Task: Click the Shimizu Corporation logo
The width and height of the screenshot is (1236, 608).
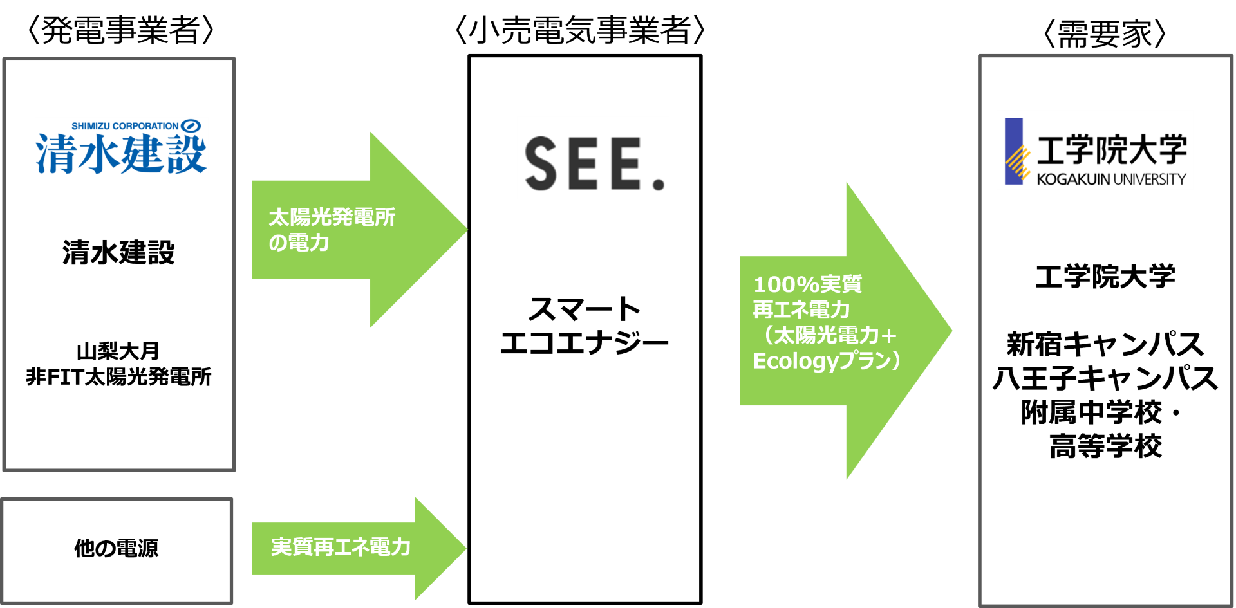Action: (121, 146)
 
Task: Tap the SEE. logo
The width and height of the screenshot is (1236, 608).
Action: (593, 158)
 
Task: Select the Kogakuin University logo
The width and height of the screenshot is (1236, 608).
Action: (1094, 150)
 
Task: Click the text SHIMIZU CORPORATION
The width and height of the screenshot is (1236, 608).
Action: (125, 126)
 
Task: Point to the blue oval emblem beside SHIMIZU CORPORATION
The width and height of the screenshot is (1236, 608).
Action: (191, 125)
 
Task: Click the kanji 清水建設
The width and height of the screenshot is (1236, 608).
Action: (121, 154)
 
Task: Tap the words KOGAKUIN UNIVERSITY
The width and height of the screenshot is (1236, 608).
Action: (1111, 180)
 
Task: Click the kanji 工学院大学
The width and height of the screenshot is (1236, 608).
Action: (1112, 151)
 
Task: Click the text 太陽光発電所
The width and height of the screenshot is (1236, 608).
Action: (332, 217)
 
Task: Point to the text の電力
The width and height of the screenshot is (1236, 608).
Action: (299, 243)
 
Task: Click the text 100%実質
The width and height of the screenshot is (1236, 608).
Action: (807, 284)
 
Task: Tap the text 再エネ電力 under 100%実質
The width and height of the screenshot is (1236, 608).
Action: (801, 310)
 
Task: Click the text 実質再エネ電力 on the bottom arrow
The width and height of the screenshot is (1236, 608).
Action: (341, 548)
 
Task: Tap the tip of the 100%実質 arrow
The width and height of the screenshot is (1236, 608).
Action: (950, 331)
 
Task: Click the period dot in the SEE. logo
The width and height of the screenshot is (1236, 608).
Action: (658, 185)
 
